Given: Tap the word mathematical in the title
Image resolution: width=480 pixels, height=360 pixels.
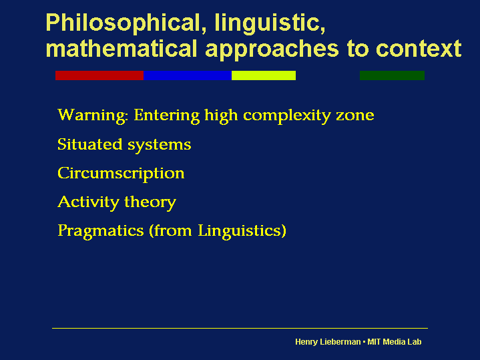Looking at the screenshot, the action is point(122,49).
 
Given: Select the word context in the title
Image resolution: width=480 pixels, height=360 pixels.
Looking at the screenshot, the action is point(418,49).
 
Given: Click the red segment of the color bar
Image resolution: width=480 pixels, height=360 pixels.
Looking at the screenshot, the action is point(99,75).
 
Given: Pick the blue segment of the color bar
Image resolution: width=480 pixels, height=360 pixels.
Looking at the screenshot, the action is point(188,75).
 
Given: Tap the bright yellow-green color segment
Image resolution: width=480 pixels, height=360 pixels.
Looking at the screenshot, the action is point(264,75).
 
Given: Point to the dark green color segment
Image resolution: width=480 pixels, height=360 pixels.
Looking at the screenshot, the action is point(392,75).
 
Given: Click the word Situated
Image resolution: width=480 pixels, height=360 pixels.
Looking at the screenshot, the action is point(90,144).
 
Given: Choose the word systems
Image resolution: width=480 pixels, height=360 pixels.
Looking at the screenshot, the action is point(159,145).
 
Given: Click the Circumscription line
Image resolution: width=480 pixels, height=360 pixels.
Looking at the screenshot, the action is point(121,174).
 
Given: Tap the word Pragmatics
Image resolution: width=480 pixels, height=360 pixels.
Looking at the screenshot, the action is point(101,231).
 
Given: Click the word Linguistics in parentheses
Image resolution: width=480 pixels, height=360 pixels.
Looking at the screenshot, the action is point(240,231).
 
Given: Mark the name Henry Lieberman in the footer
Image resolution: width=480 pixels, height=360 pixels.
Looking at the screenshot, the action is point(328,342).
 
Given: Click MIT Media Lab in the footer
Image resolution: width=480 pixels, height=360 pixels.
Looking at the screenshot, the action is point(395,341).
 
